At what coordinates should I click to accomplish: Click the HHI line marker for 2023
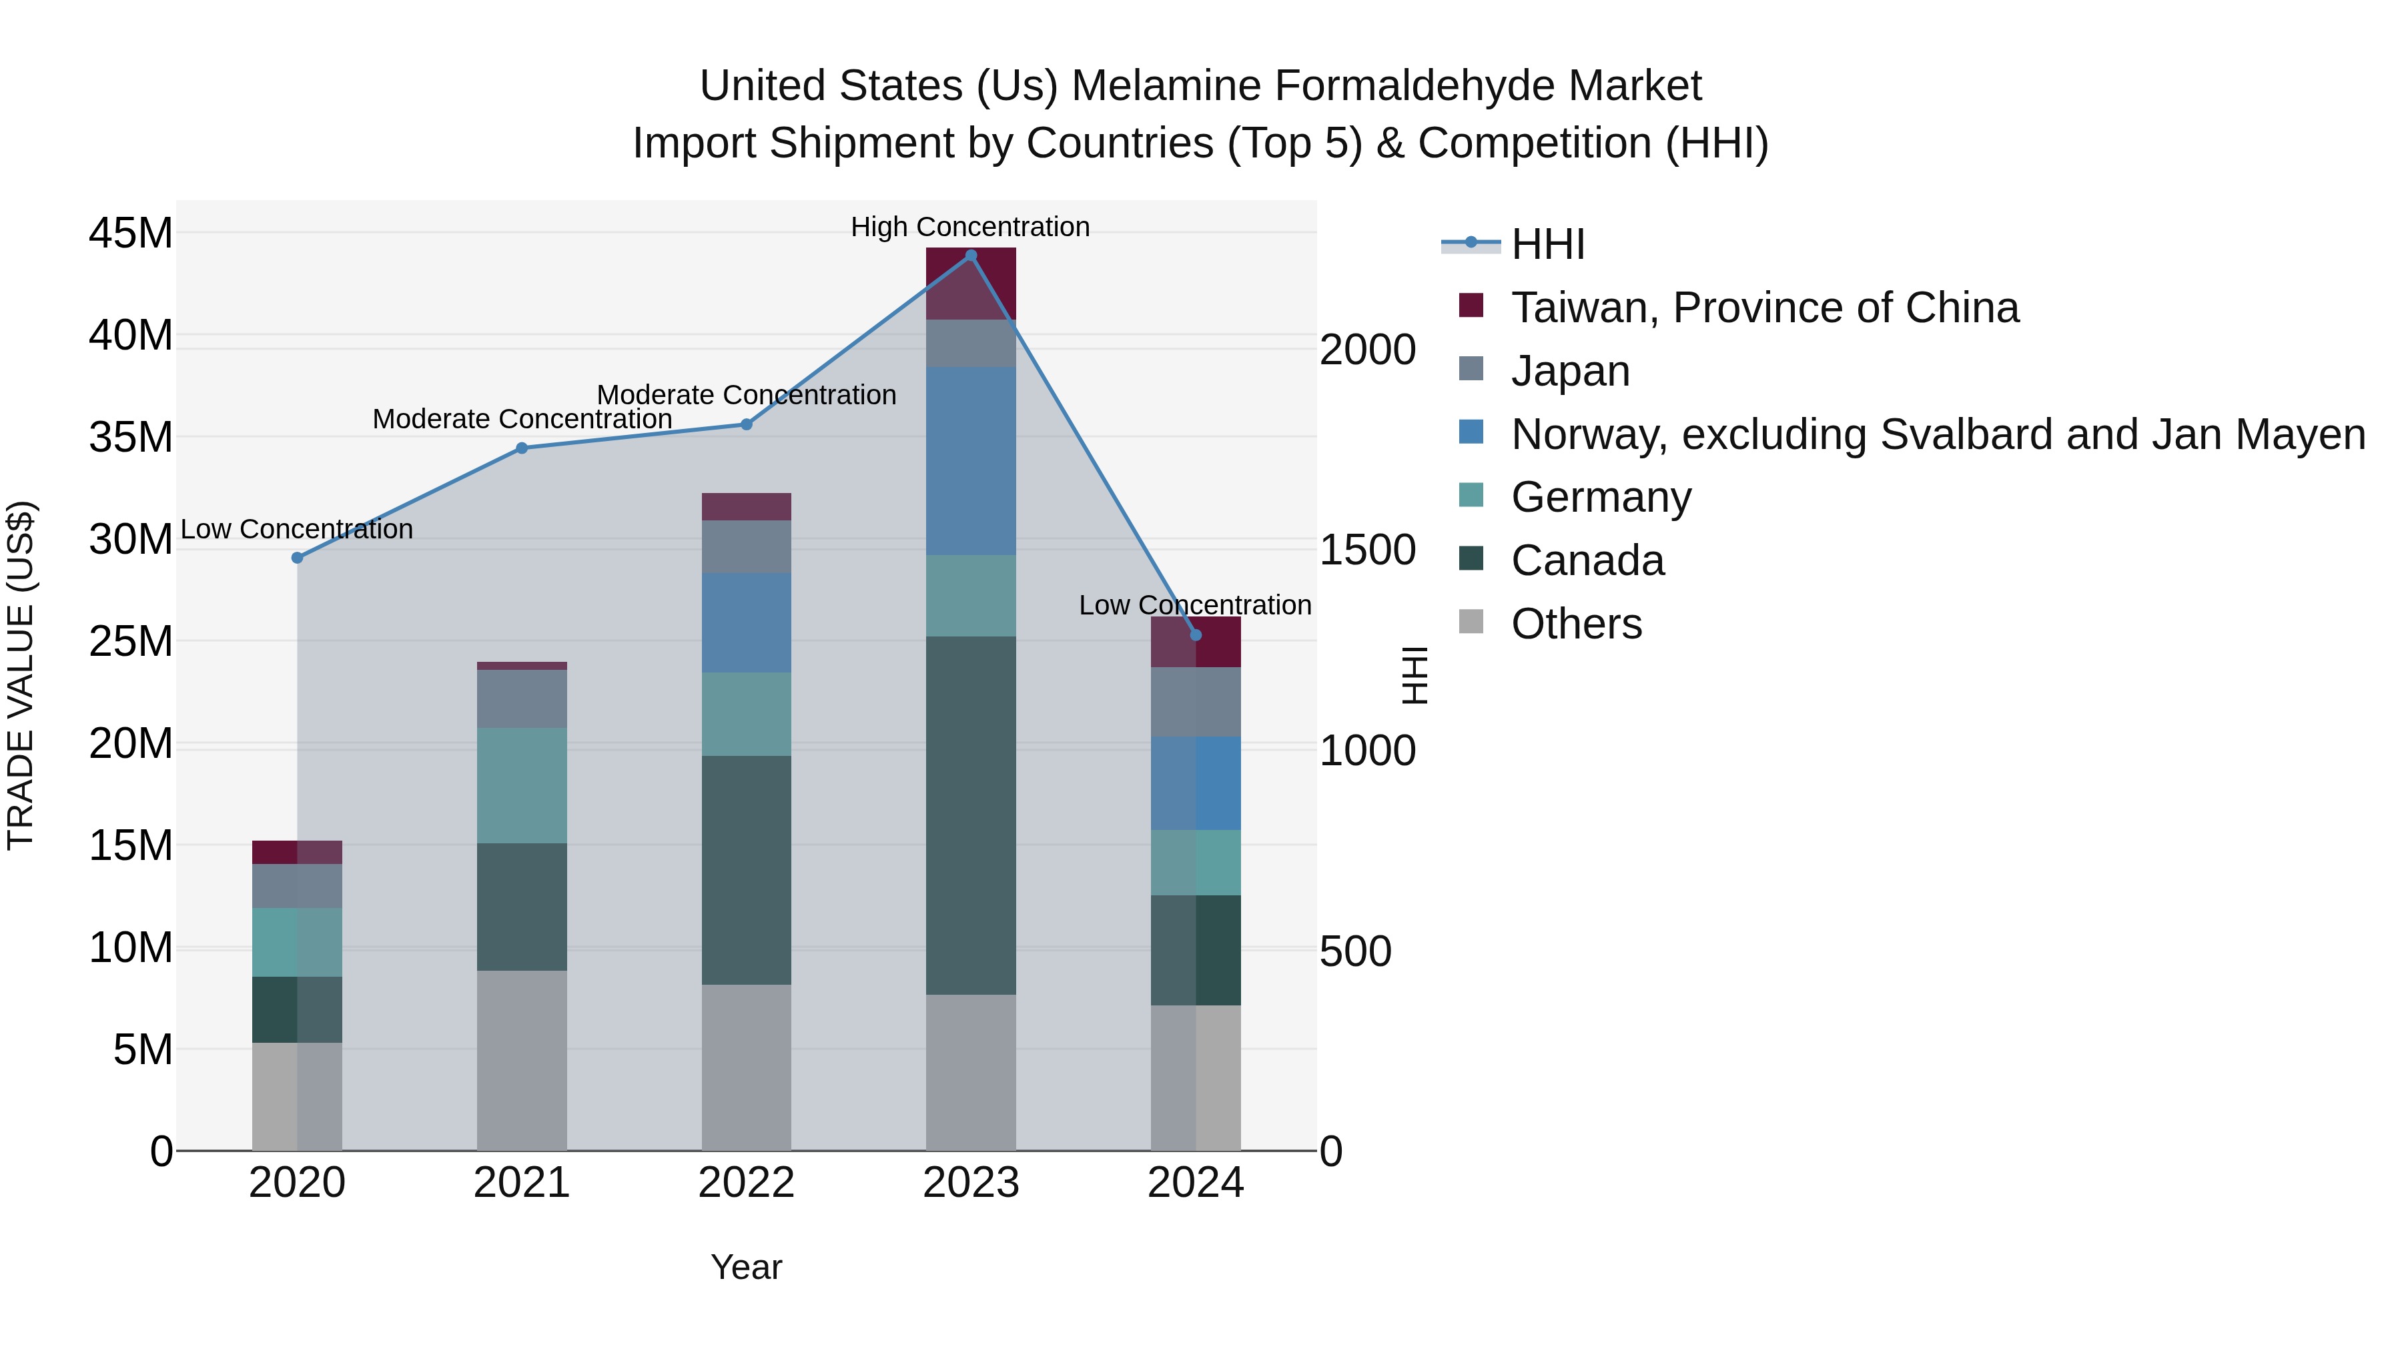tap(971, 255)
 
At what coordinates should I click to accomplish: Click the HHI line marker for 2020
tap(298, 558)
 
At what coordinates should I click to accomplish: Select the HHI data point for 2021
tap(522, 448)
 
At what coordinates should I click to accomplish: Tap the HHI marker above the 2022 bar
tap(746, 424)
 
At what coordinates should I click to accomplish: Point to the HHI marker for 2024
tap(1196, 635)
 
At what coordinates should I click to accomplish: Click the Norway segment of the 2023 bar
tap(971, 462)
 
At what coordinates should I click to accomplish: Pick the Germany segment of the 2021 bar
tap(522, 785)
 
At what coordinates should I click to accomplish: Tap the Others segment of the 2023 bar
tap(971, 1072)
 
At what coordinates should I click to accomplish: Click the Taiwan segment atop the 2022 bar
tap(746, 506)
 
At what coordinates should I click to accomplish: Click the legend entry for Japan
tap(1570, 371)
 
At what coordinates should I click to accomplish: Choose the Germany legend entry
tap(1600, 497)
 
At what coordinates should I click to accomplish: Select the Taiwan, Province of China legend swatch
tap(1471, 306)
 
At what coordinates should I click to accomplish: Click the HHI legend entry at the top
tap(1548, 244)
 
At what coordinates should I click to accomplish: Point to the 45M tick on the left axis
tap(131, 233)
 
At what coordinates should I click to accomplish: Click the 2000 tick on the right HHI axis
tap(1368, 350)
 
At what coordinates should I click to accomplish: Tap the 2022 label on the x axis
tap(746, 1183)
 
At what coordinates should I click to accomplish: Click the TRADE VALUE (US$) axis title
tap(21, 675)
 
